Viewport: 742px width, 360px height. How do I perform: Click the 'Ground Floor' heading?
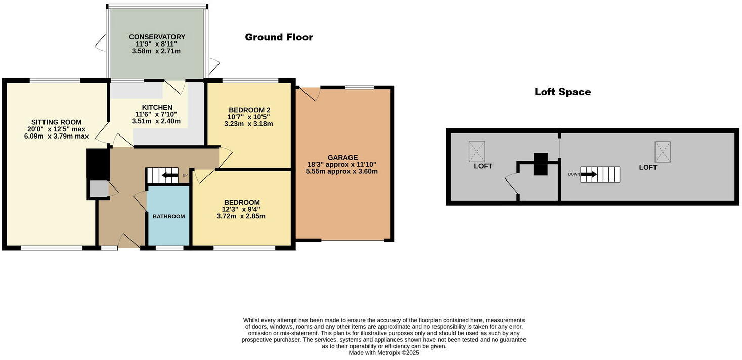(279, 37)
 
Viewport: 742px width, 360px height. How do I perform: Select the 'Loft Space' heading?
(562, 92)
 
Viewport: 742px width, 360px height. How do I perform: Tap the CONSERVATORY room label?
(157, 37)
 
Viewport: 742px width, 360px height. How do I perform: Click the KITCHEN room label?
(157, 107)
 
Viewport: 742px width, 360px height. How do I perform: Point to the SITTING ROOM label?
(56, 122)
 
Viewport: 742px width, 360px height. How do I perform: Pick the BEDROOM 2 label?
(249, 110)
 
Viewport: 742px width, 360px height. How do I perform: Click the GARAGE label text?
(342, 158)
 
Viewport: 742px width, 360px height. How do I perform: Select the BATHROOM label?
(168, 216)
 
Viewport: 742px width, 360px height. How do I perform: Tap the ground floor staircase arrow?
(169, 175)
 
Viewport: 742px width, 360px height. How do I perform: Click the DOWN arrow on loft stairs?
(589, 174)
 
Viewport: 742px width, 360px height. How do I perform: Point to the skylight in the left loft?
(476, 151)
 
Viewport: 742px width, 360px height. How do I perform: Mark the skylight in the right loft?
(663, 151)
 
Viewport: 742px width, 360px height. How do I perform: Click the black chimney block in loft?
(540, 164)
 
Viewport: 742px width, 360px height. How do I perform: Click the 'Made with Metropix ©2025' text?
(383, 353)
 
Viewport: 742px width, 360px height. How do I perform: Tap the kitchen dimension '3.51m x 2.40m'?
(156, 121)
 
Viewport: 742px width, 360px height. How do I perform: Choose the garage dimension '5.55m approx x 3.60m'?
(341, 171)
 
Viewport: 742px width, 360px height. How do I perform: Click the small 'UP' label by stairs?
(185, 175)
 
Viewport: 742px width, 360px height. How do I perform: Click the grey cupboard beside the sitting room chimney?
(99, 189)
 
